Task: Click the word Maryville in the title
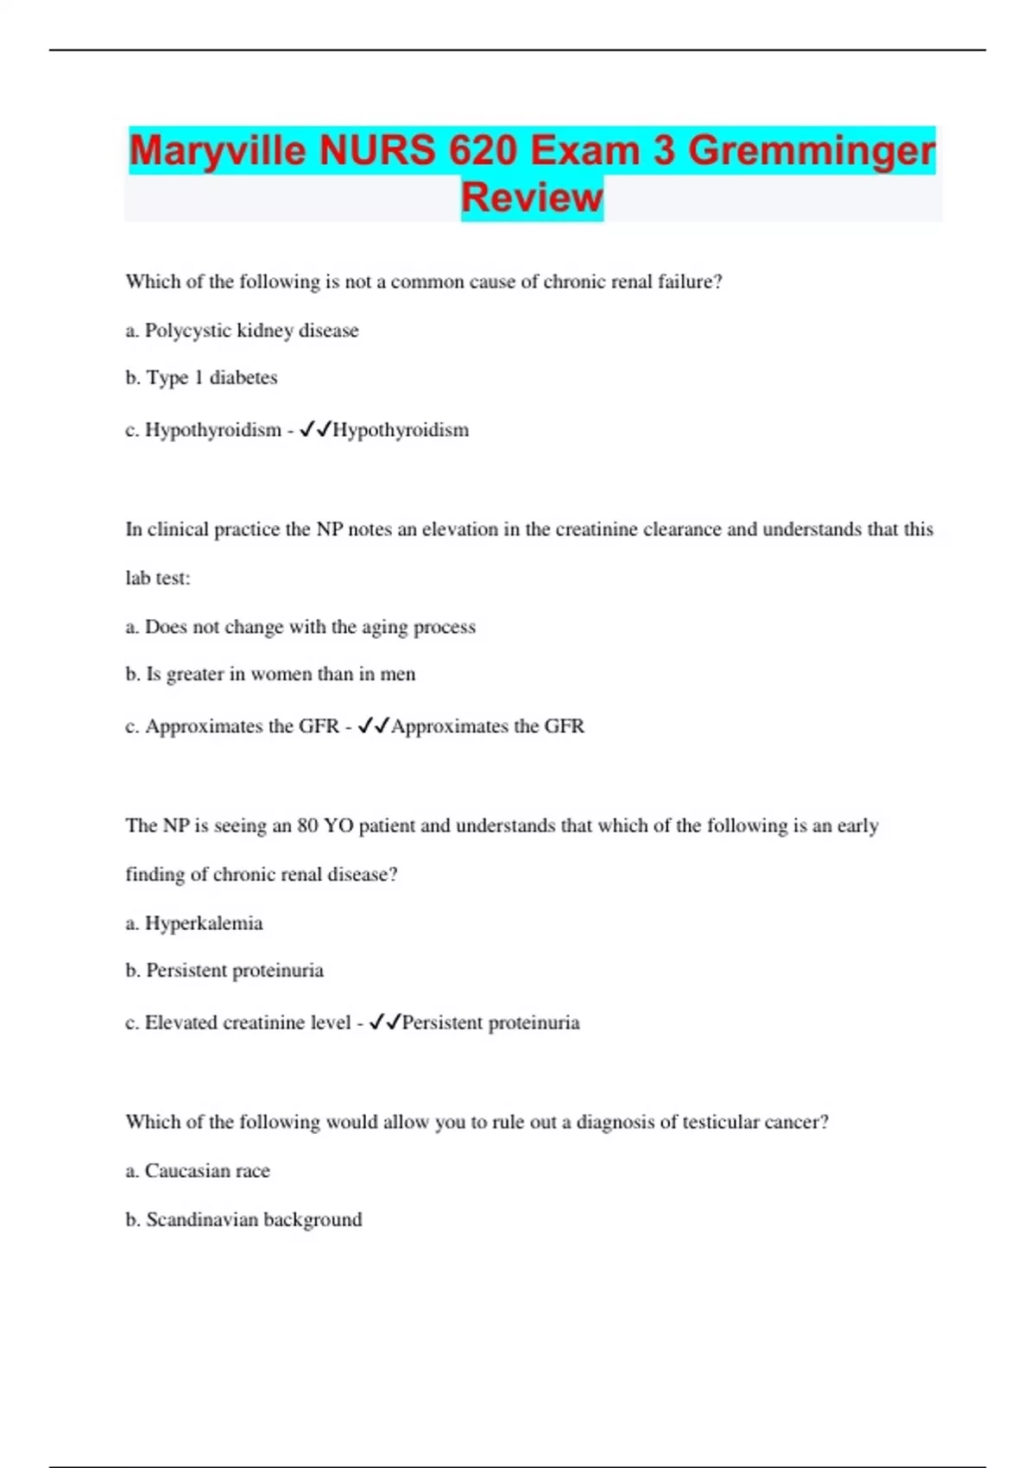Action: click(x=217, y=151)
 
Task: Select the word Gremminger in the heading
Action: click(x=811, y=151)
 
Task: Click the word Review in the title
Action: click(x=532, y=198)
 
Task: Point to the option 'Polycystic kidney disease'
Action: click(x=242, y=331)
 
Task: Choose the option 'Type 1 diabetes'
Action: click(x=201, y=378)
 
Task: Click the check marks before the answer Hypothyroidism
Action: click(x=315, y=430)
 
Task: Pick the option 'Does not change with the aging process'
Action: click(x=300, y=627)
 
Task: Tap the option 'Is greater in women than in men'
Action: click(x=270, y=674)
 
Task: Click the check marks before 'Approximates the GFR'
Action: click(x=374, y=726)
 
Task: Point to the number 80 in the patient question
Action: click(x=307, y=826)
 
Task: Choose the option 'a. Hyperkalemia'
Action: click(x=194, y=924)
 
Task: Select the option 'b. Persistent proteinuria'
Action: click(x=224, y=971)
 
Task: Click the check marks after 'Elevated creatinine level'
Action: click(x=385, y=1022)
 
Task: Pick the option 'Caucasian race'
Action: click(x=198, y=1171)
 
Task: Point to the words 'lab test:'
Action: click(x=158, y=579)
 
